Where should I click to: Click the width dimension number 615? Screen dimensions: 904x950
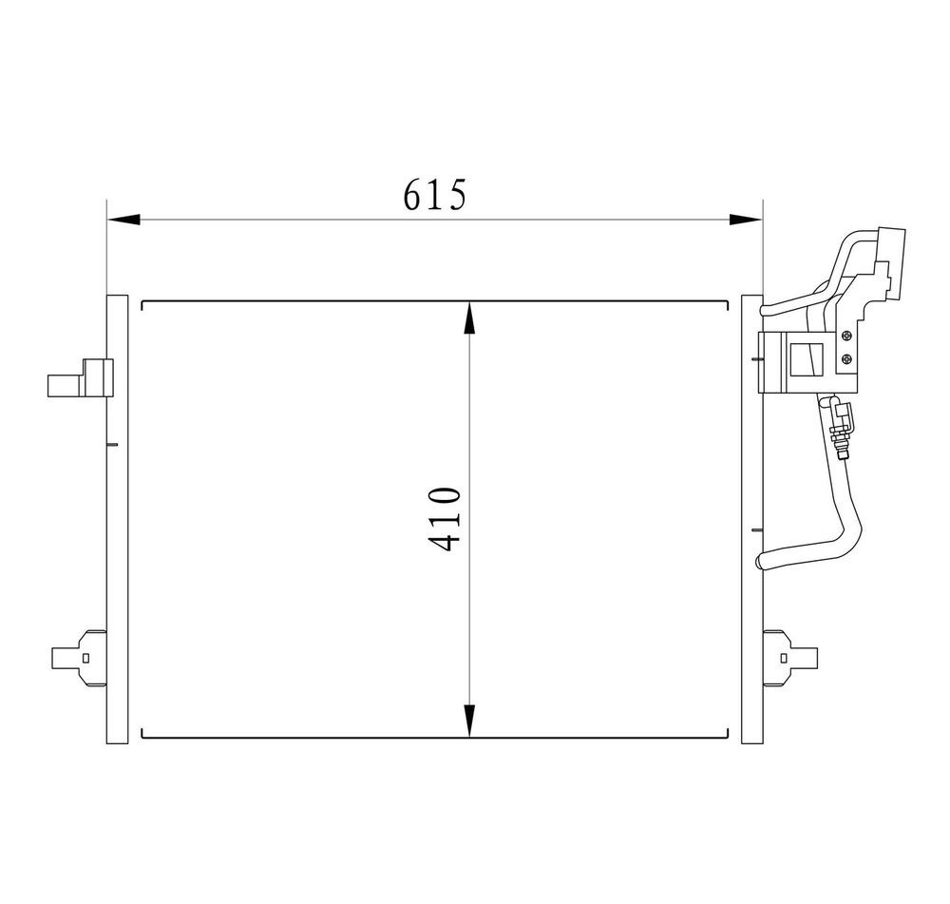point(435,194)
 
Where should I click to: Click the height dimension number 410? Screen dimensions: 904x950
point(445,519)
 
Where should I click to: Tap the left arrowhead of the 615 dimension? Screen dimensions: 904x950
point(123,220)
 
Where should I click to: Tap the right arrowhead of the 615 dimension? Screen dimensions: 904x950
point(746,220)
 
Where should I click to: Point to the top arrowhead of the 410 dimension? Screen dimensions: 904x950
point(469,317)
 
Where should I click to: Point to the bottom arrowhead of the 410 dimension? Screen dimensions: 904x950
point(469,721)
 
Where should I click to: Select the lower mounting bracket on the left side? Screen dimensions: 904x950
point(80,657)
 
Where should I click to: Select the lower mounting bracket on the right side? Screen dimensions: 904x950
point(789,657)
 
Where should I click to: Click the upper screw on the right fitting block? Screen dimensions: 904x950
point(846,334)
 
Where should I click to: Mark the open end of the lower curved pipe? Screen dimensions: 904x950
point(760,563)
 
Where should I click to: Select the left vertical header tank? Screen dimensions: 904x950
point(117,519)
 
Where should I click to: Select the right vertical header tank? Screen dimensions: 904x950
point(751,519)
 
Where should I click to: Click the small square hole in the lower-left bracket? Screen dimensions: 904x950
point(85,657)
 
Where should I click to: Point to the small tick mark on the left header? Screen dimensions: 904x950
point(112,445)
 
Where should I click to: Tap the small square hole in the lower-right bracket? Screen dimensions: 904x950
point(784,657)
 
